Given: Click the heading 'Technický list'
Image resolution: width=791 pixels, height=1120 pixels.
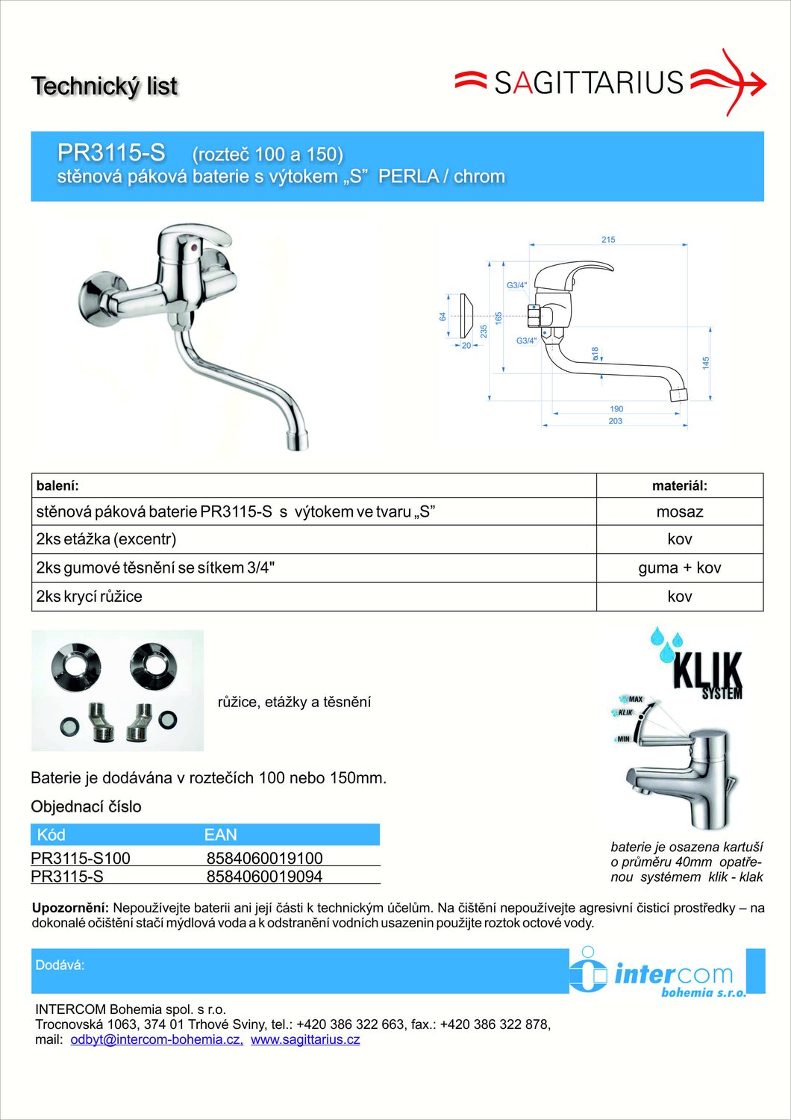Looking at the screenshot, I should tap(104, 86).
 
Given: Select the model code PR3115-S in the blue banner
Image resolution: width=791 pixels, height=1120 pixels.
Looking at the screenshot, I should tap(111, 152).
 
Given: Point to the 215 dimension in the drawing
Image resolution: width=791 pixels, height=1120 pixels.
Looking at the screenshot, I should tap(608, 240).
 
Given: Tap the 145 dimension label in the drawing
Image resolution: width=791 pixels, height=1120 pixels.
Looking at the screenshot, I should tap(706, 363).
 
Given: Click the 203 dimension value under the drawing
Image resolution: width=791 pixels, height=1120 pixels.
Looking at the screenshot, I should tap(615, 421).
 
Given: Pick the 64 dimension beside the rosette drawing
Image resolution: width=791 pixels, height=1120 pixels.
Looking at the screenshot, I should tap(443, 317).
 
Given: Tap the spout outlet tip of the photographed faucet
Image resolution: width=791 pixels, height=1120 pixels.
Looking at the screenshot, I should tap(298, 444).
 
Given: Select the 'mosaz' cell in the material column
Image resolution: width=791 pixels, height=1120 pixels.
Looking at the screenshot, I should tap(679, 511).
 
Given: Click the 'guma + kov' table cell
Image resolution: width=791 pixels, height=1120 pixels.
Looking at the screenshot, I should tap(679, 567).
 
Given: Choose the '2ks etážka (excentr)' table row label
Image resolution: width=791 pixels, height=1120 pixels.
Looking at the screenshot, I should tap(106, 539).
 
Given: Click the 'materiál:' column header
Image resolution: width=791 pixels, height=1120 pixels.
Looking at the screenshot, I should tap(679, 486).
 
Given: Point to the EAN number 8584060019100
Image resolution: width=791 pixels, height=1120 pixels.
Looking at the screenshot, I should tap(264, 858).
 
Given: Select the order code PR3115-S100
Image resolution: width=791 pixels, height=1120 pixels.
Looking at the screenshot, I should tap(81, 858).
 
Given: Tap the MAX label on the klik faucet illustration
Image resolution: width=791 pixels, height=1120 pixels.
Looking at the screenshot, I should tap(635, 700).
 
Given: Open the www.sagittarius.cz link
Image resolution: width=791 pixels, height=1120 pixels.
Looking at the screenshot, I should tap(305, 1039).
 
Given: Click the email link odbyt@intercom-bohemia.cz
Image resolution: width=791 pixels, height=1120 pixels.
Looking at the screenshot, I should tap(156, 1039).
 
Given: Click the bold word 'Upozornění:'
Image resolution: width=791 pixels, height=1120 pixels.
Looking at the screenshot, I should tap(70, 908).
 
